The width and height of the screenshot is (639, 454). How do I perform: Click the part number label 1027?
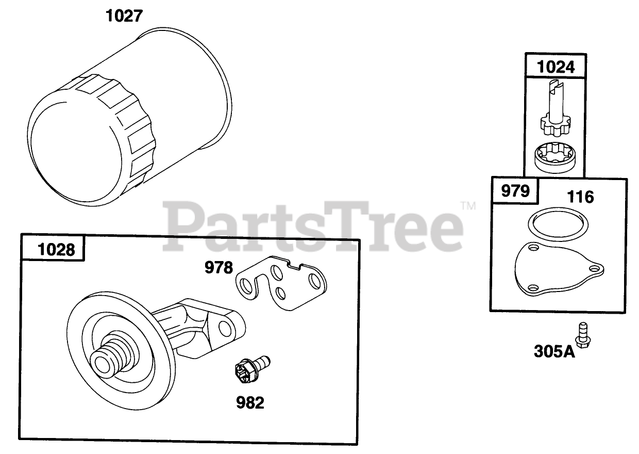[x=124, y=16]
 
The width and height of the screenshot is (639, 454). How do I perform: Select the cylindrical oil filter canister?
[x=130, y=117]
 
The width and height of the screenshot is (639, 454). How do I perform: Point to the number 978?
[x=219, y=268]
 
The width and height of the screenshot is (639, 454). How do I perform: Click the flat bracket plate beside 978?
[x=281, y=283]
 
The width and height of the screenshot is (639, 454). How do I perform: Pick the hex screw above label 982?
[x=252, y=369]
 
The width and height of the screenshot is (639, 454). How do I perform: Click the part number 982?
[x=250, y=403]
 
